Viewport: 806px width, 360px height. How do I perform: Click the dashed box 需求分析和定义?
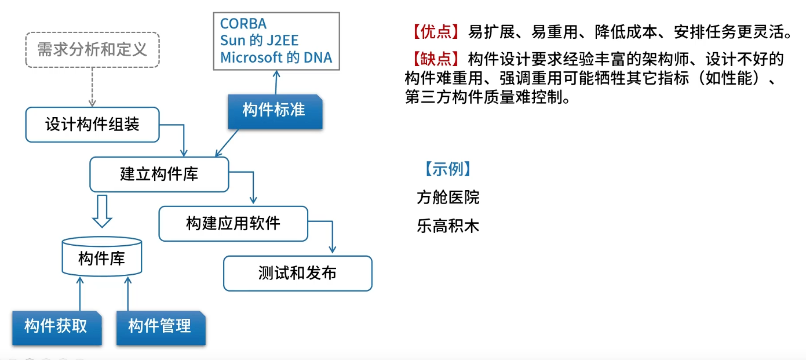(x=92, y=50)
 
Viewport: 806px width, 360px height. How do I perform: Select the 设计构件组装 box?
(x=92, y=125)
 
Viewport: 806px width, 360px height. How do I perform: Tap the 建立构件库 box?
(x=159, y=174)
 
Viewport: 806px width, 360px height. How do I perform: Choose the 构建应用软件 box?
(x=233, y=224)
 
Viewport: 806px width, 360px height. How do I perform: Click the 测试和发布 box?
(x=297, y=274)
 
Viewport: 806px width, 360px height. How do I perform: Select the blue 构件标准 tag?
(x=274, y=111)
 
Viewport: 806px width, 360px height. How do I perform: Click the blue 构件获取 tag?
(x=56, y=327)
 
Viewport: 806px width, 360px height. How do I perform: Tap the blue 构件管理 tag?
(x=160, y=327)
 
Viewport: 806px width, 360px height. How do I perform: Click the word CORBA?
(x=243, y=24)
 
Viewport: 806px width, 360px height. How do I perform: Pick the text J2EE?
(x=280, y=41)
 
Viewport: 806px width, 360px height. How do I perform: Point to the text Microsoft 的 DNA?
(x=276, y=57)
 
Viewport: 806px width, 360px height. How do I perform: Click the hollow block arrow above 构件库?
(x=102, y=211)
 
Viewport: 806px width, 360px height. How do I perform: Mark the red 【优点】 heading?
(x=435, y=32)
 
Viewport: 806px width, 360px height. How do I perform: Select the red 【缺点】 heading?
(x=435, y=60)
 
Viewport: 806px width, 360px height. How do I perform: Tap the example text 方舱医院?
(x=448, y=198)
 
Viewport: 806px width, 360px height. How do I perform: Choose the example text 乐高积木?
(x=448, y=226)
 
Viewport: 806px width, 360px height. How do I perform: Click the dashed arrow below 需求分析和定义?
(x=92, y=86)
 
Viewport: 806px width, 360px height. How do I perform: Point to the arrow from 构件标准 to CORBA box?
(x=276, y=82)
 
